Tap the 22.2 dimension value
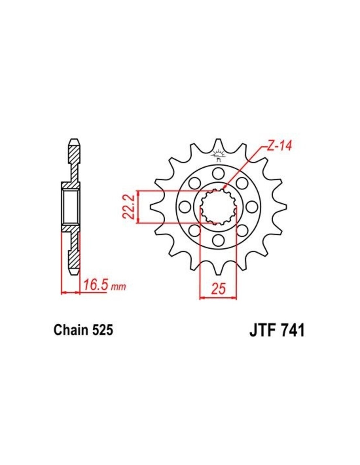129,206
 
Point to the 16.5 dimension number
95,285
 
